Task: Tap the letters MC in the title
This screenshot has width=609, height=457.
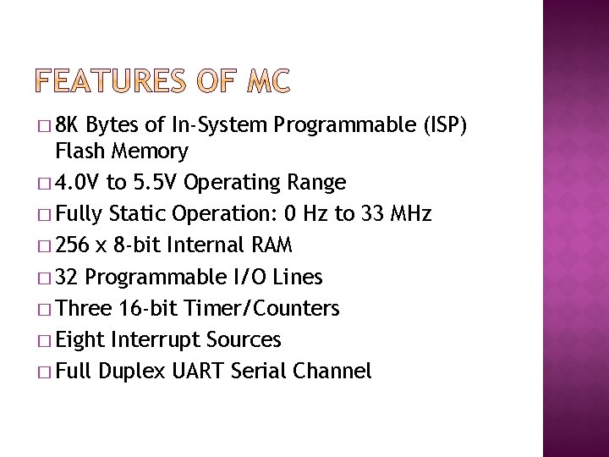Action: point(269,82)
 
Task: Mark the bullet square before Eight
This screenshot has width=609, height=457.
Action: point(44,341)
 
